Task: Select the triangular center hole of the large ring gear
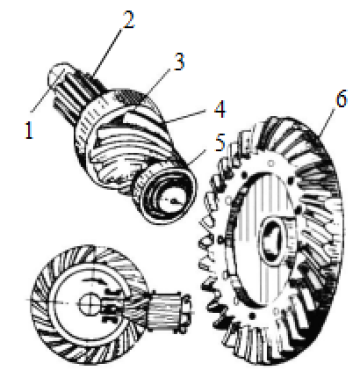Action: (273, 240)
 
